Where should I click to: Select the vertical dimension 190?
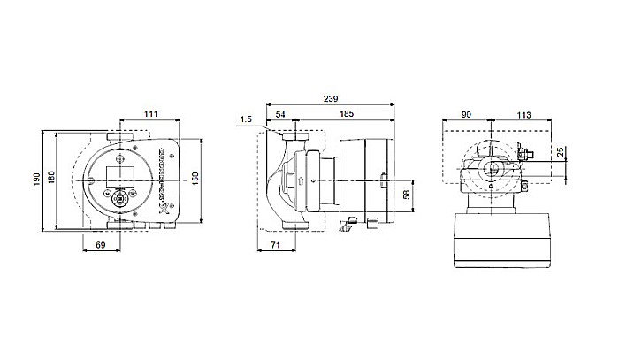[36, 180]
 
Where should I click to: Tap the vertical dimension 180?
[50, 180]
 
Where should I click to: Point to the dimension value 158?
[195, 180]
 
